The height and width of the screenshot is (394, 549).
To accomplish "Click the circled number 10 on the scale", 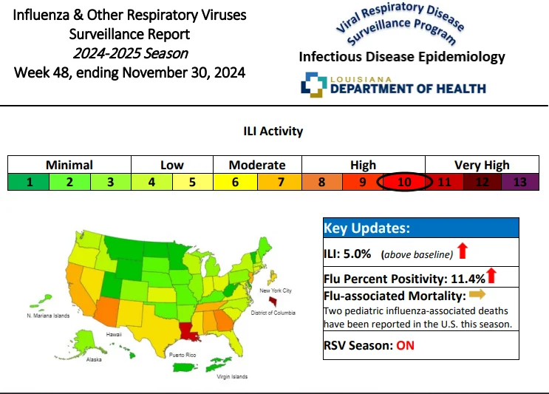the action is pos(404,182).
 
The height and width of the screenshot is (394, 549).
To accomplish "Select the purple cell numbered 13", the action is pos(520,182).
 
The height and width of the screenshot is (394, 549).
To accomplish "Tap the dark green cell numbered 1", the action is pos(29,182).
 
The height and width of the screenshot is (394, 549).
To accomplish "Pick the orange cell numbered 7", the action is pos(280,182).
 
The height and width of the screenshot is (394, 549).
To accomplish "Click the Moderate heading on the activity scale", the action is pos(257,165).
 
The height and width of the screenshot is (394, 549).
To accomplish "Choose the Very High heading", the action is pos(482,165).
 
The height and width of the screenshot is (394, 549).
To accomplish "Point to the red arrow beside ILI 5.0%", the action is pos(463,251).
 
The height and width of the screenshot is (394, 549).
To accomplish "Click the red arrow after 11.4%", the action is pos(491,276).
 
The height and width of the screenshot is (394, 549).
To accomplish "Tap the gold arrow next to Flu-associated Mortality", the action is pos(477,293).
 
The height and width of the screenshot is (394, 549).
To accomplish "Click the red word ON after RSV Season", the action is pos(405,346).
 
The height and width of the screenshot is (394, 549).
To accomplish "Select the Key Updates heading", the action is pos(366,228).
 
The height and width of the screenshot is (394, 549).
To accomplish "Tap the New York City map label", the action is pos(276,291).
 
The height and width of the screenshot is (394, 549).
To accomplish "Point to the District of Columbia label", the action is pos(273,313).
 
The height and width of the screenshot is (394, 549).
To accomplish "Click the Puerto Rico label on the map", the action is pos(183,355).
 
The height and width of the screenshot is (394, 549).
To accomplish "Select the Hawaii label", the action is pos(114,334).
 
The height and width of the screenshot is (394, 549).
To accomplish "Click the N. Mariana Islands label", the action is pos(48,316).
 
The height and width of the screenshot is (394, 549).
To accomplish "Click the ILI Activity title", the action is pos(273,131).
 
